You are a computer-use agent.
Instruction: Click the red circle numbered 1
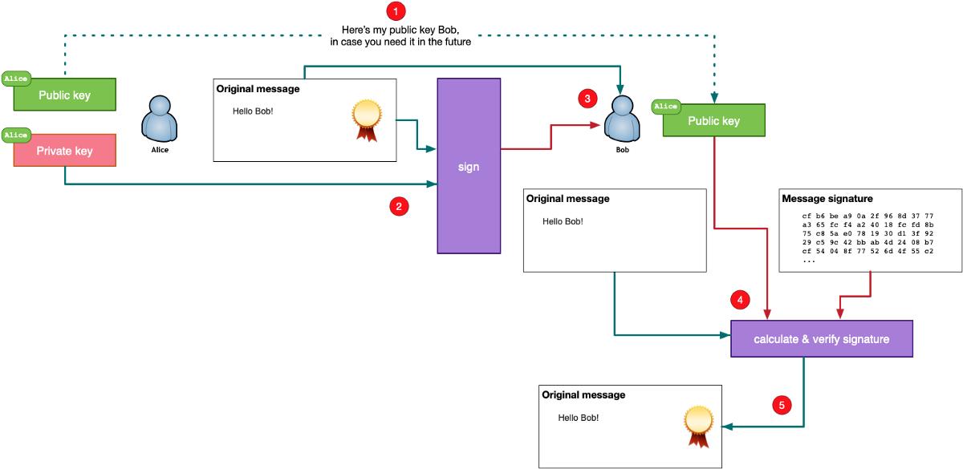click(x=396, y=11)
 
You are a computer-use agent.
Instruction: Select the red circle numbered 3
click(x=587, y=99)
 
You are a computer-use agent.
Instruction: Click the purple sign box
click(x=469, y=166)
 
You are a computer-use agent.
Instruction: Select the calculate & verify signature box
click(x=822, y=339)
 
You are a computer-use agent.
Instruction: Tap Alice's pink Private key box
click(x=65, y=151)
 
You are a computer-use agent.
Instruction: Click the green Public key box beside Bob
click(x=713, y=121)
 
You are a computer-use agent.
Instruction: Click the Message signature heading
click(x=827, y=199)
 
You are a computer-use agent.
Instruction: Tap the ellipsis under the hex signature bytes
click(x=808, y=261)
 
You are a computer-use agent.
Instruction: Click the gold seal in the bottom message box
click(x=697, y=425)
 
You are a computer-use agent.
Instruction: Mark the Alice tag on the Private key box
click(x=16, y=135)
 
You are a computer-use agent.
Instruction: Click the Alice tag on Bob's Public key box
click(x=665, y=106)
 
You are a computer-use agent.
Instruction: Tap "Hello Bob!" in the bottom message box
click(x=578, y=418)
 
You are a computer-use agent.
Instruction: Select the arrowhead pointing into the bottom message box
click(x=727, y=427)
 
